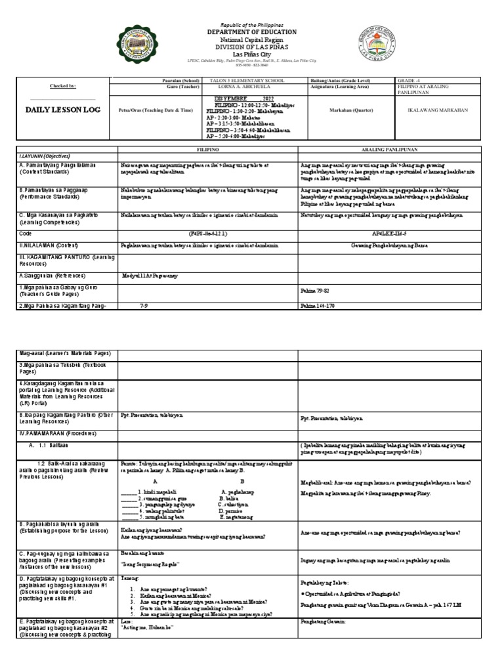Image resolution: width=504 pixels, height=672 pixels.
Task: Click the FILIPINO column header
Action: pyautogui.click(x=208, y=150)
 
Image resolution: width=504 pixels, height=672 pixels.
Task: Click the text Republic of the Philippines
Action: pyautogui.click(x=252, y=22)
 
